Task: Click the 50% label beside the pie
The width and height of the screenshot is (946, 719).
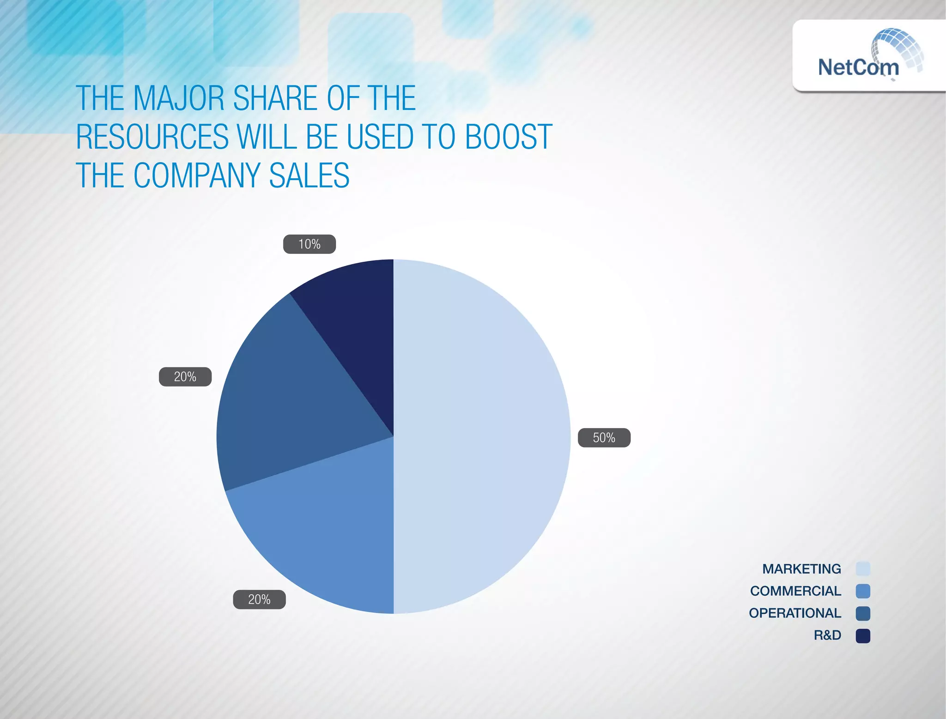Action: click(x=604, y=437)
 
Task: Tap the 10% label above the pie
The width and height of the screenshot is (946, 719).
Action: click(x=309, y=244)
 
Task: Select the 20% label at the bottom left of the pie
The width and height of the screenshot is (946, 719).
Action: click(x=259, y=599)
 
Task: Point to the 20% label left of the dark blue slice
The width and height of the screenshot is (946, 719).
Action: click(x=185, y=377)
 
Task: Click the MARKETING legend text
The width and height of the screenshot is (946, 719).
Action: click(x=801, y=569)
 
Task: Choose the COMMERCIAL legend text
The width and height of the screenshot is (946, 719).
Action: click(x=795, y=591)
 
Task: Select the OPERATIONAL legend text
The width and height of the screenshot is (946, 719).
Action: click(x=794, y=613)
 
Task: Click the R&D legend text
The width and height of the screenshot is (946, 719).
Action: click(x=827, y=635)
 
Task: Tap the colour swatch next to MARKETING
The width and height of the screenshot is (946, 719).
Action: click(x=862, y=569)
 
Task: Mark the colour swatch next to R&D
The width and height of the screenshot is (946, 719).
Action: click(x=862, y=636)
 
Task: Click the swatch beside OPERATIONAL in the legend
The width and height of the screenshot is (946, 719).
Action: click(x=862, y=614)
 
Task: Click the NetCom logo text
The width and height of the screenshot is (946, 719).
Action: click(x=858, y=67)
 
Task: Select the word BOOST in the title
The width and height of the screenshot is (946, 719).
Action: click(x=508, y=137)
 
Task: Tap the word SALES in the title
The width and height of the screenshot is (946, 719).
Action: click(x=309, y=176)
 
